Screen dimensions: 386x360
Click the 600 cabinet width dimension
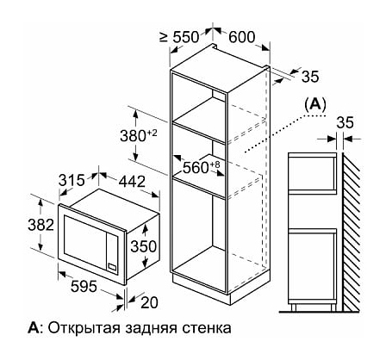point(242,37)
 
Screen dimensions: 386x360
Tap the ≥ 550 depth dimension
point(179,37)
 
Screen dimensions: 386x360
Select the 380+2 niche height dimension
point(139,136)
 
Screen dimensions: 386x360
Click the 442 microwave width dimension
point(132,181)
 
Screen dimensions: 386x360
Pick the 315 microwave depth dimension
point(72,181)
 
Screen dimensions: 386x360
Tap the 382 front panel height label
point(40,225)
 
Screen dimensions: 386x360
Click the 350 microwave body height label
point(144,246)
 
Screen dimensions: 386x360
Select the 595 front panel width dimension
point(84,286)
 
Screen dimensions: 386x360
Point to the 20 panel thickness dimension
point(149,302)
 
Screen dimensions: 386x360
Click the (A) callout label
point(315,105)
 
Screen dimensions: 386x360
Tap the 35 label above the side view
point(345,122)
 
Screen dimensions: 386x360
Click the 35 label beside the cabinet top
point(310,77)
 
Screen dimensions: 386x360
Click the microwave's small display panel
point(112,266)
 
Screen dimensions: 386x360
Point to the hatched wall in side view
point(352,231)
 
